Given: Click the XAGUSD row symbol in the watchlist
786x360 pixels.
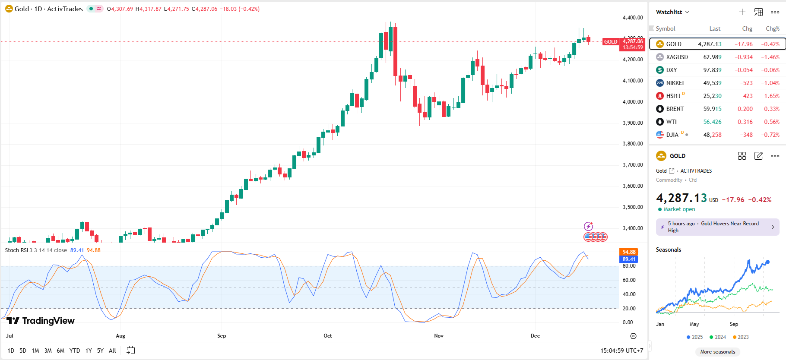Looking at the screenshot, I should [x=677, y=57].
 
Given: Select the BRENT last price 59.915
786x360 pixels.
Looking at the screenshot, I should [x=712, y=109].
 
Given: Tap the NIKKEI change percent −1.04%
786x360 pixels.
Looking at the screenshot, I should [x=770, y=83].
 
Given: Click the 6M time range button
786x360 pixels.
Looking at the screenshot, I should [x=60, y=351].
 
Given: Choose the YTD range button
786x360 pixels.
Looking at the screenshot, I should [x=75, y=351].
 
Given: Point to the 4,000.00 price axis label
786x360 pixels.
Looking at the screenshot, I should [x=633, y=102].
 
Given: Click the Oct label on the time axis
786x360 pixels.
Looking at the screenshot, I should [x=328, y=336].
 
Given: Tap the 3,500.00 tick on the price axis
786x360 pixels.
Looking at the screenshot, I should [x=633, y=207].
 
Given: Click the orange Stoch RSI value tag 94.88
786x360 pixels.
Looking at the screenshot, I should [x=629, y=252].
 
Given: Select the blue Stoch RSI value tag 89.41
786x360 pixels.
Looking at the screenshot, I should [x=629, y=259].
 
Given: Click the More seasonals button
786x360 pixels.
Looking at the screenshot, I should [x=717, y=352].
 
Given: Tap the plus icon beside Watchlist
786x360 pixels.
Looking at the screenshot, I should [x=742, y=12].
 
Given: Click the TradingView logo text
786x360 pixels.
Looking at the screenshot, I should [x=48, y=321].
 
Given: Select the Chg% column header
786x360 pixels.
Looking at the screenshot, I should [x=772, y=28].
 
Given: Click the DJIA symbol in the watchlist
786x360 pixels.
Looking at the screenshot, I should [x=672, y=135].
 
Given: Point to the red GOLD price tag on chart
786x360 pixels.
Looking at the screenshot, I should [x=611, y=42].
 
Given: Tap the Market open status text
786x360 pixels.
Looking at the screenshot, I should [x=679, y=209].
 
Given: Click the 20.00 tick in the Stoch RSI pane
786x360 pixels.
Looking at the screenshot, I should [x=628, y=309].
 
